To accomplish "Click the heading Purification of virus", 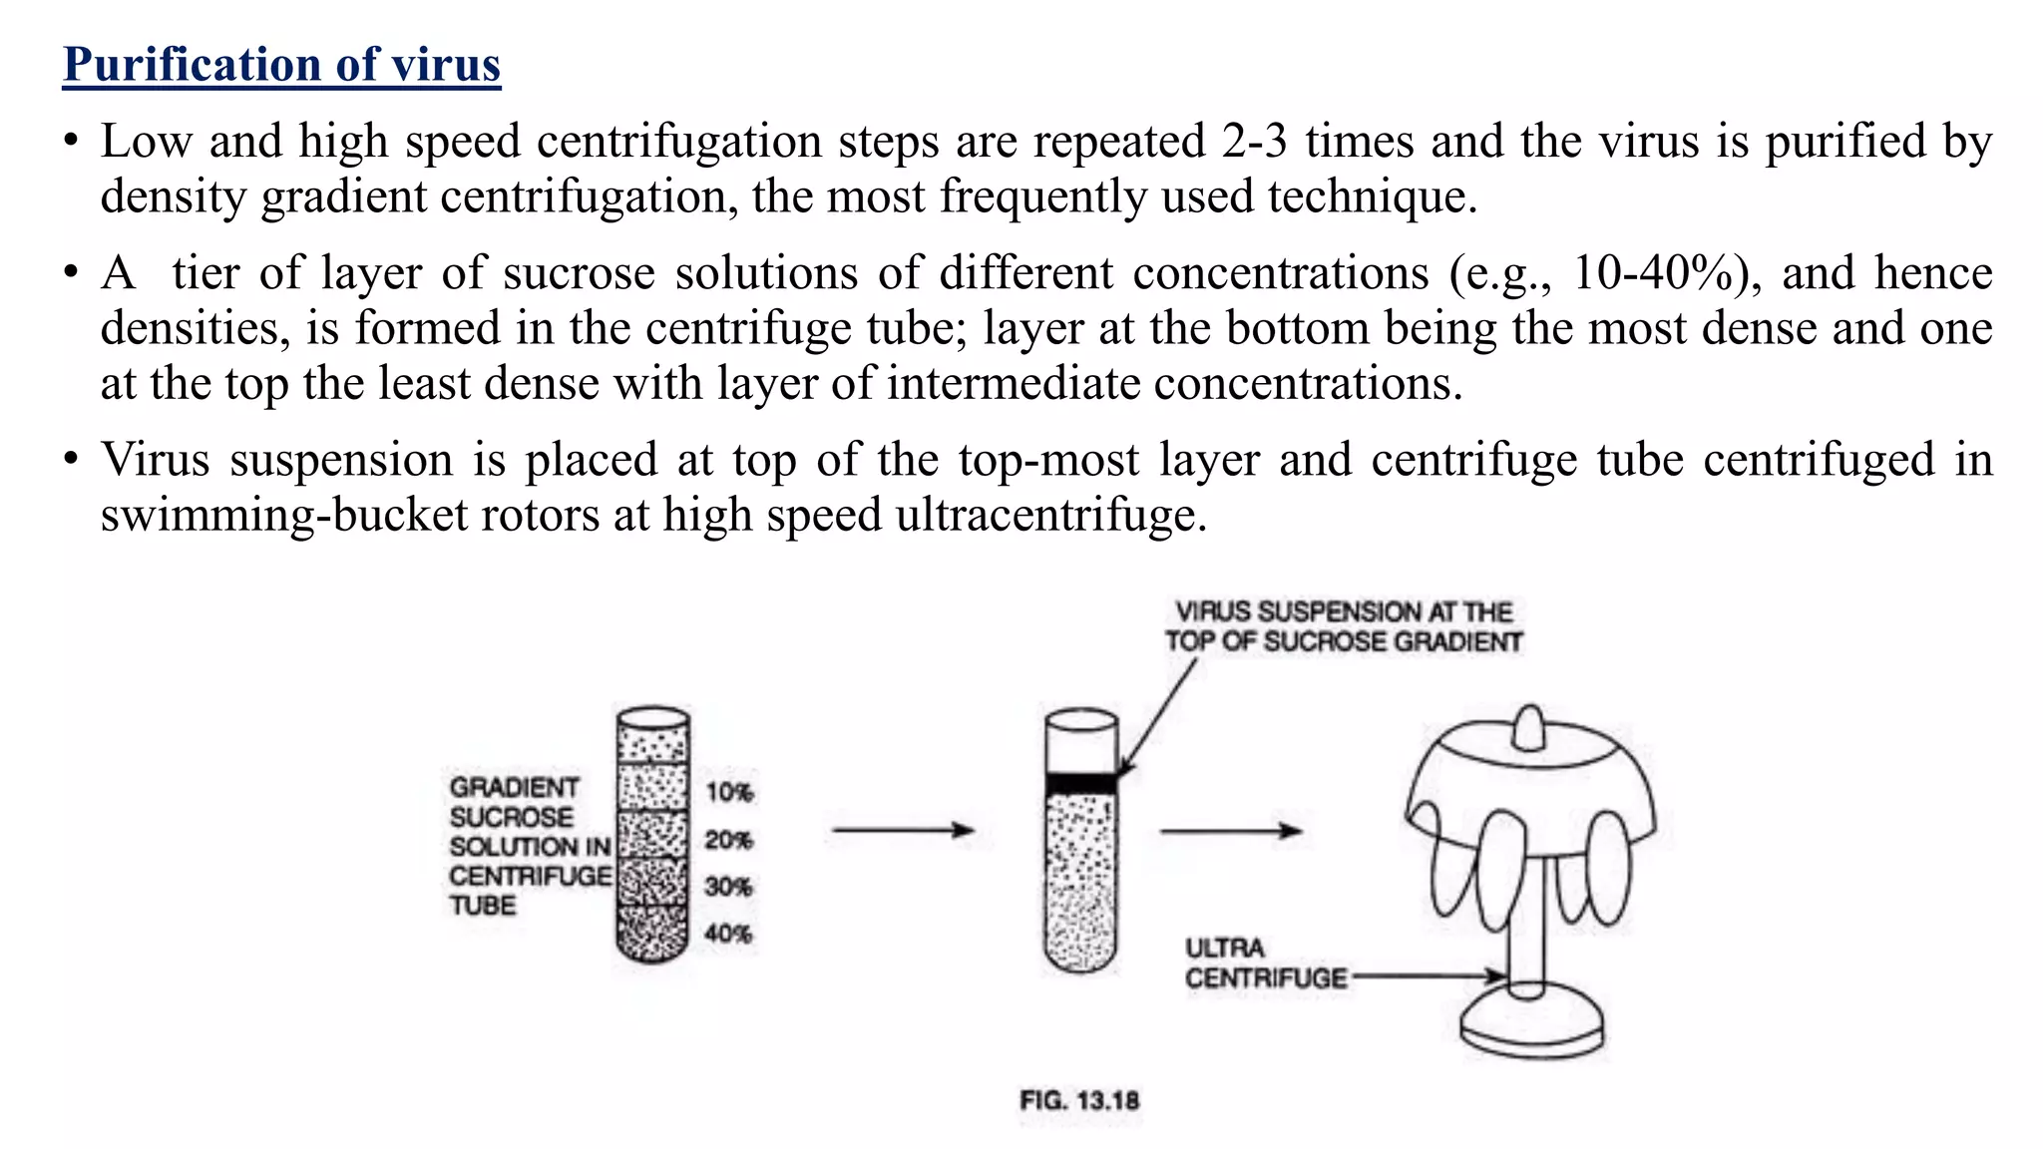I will pos(281,65).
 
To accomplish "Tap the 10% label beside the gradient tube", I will pos(729,792).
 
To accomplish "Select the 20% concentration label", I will pos(728,840).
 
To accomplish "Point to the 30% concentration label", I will pos(728,887).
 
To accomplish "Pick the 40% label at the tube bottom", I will pos(728,934).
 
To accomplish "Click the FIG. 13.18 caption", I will pos(1078,1100).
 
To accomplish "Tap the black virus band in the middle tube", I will pos(1080,784).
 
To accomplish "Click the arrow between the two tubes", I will pos(903,830).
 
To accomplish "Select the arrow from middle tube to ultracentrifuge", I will pos(1231,830).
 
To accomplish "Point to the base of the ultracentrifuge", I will pos(1531,1027).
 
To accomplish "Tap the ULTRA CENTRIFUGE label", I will pos(1264,962).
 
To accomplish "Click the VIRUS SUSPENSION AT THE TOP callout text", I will pos(1343,626).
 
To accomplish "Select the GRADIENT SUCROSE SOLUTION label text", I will pos(529,846).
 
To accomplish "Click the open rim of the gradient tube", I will pos(653,717).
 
